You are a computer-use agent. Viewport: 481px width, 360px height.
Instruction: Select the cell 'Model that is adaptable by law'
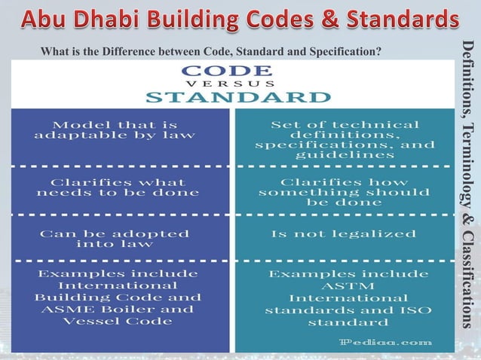(115, 130)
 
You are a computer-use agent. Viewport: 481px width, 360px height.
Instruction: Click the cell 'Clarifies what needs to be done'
(118, 187)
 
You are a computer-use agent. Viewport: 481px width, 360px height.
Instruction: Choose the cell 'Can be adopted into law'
(115, 239)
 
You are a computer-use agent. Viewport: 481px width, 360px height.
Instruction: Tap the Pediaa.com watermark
(385, 342)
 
